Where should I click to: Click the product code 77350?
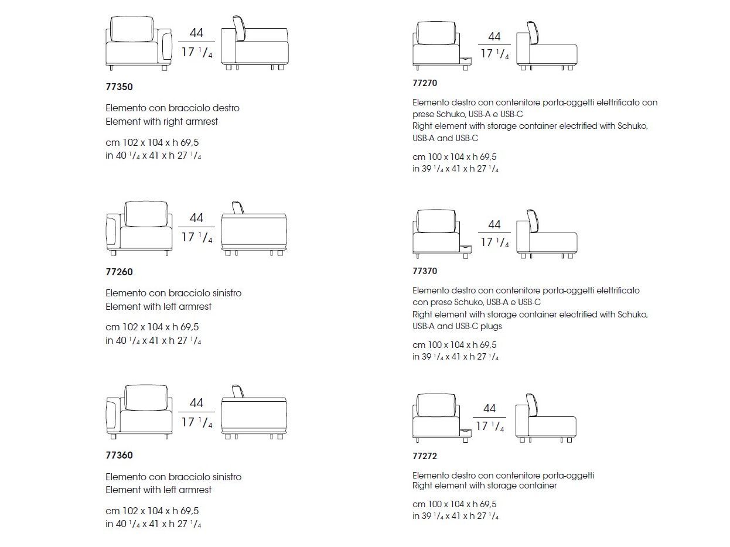pos(119,87)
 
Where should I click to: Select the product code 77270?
pos(425,83)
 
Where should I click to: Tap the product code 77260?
pos(119,272)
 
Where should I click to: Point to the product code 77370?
pos(425,271)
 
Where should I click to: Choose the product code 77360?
pos(119,455)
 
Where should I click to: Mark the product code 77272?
pos(425,456)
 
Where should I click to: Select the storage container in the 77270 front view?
pos(465,61)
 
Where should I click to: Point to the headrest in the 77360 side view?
pos(237,391)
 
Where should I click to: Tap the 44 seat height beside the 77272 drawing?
pos(490,408)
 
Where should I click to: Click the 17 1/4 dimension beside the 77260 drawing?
pos(196,237)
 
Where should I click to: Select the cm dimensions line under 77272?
pos(454,504)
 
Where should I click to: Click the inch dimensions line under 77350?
pos(153,156)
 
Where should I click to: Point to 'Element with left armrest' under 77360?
pos(158,490)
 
